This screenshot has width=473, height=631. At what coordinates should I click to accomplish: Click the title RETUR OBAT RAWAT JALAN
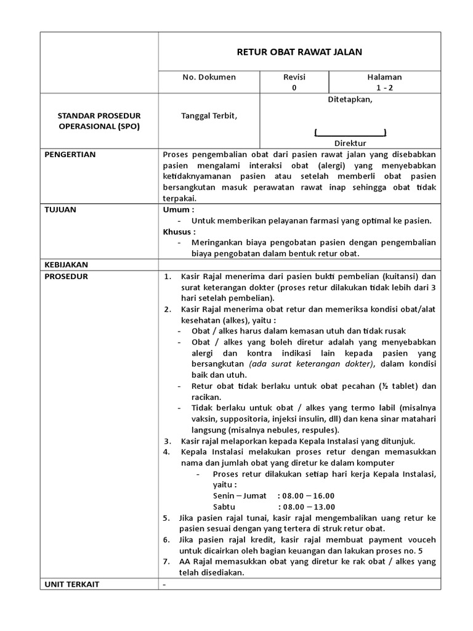pos(299,52)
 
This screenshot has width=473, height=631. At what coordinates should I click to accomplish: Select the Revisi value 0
pos(294,88)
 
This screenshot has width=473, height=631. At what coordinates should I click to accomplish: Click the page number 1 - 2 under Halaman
pos(384,88)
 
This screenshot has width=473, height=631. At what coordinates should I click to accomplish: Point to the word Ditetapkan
pos(350,102)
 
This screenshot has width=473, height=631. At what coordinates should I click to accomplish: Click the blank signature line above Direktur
pos(350,132)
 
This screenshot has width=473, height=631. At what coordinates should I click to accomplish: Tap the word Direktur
pos(350,142)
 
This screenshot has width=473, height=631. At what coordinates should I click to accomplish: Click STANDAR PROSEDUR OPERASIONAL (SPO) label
pos(99,121)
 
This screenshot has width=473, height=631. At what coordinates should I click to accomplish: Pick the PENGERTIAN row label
pos(70,154)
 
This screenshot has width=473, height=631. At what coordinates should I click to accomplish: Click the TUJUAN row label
pos(60,210)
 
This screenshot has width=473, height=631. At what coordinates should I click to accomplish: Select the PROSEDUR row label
pos(66,276)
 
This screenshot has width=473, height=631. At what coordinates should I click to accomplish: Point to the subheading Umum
pos(176,210)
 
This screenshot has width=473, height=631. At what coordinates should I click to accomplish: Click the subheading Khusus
pos(179,232)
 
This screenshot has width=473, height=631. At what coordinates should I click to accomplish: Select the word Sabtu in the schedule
pos(224,507)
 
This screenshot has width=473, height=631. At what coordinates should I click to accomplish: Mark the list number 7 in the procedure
pos(166,561)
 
